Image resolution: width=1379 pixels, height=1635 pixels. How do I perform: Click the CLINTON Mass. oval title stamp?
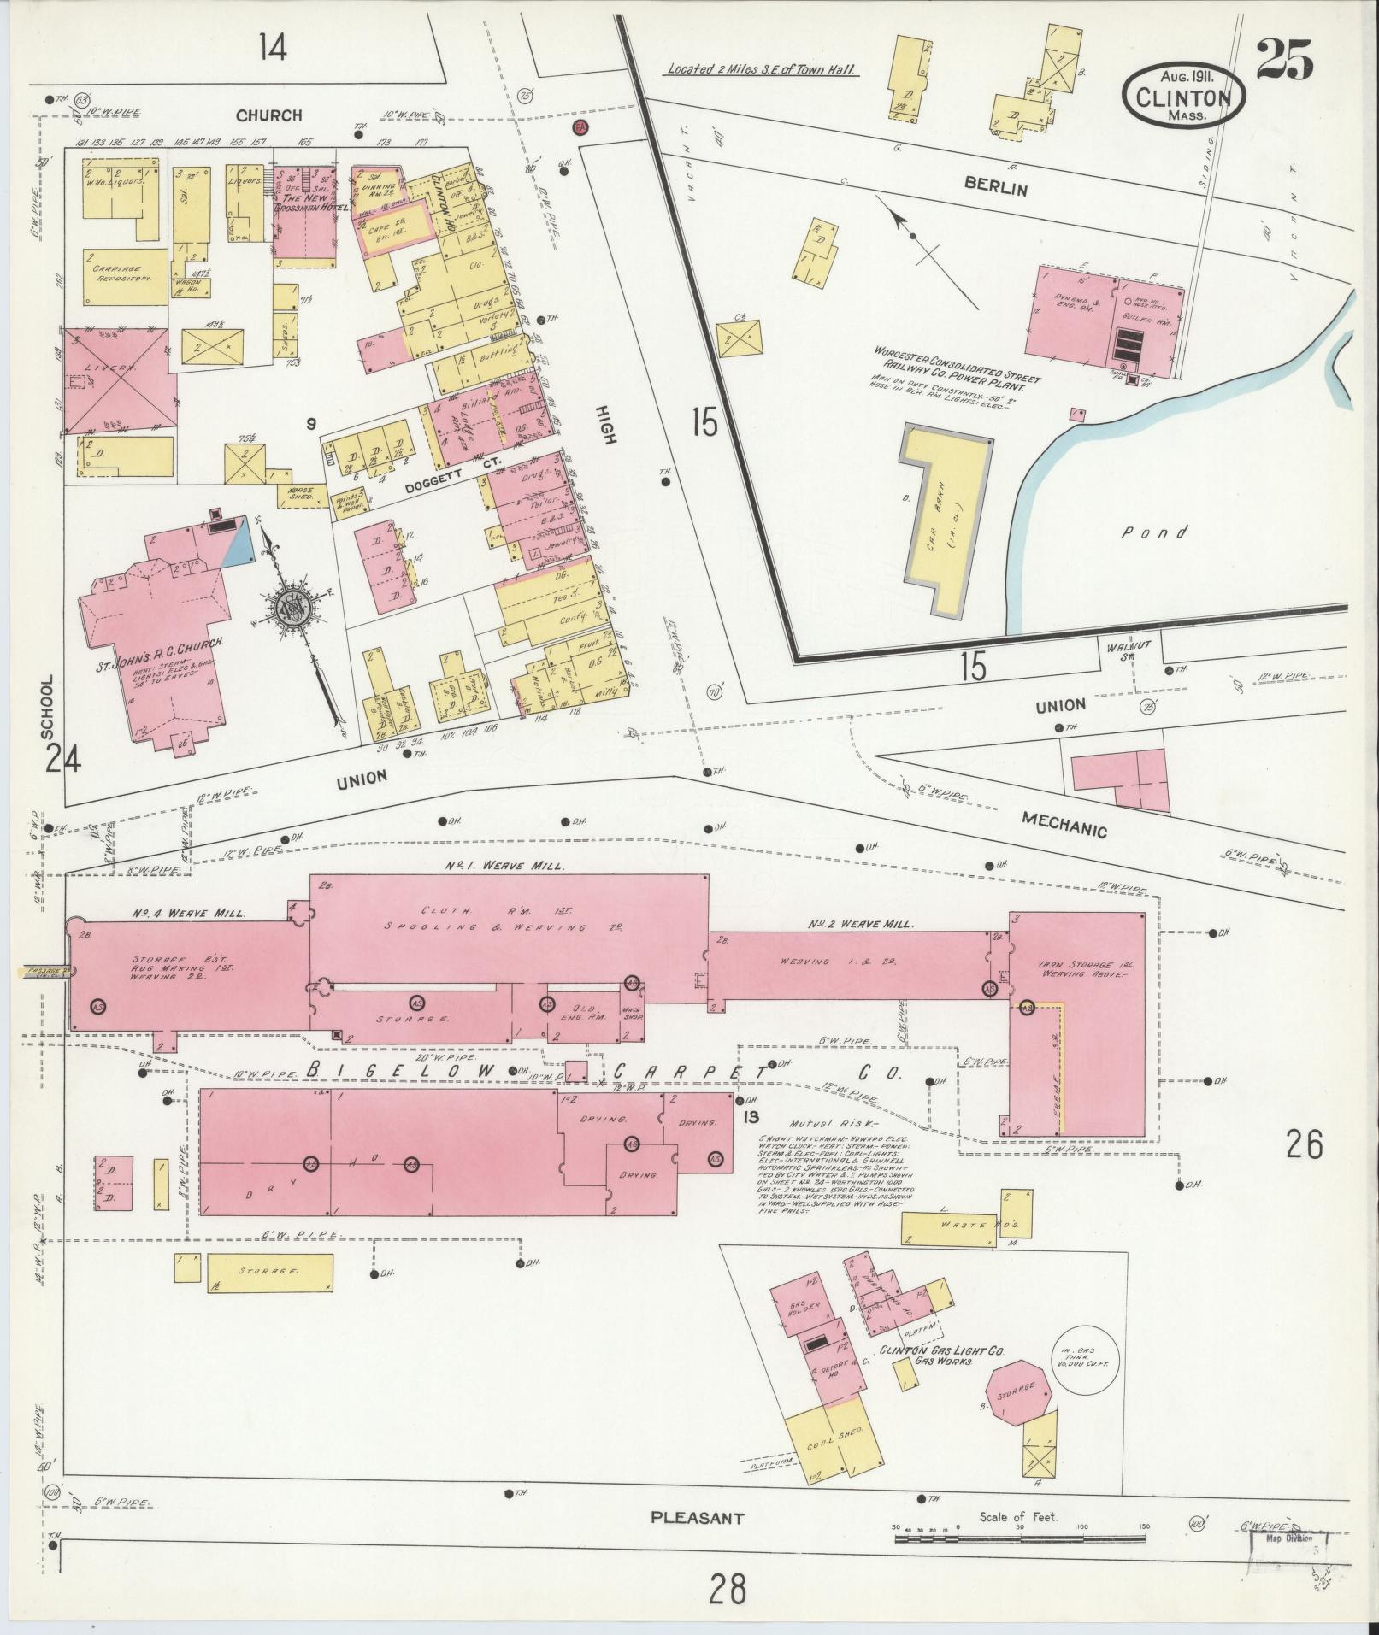tap(1183, 96)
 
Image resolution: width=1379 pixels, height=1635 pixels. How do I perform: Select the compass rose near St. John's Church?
tap(296, 608)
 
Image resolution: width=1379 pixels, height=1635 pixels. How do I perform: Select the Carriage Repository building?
tap(126, 274)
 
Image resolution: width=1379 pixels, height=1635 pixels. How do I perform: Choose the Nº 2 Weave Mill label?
tap(862, 924)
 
